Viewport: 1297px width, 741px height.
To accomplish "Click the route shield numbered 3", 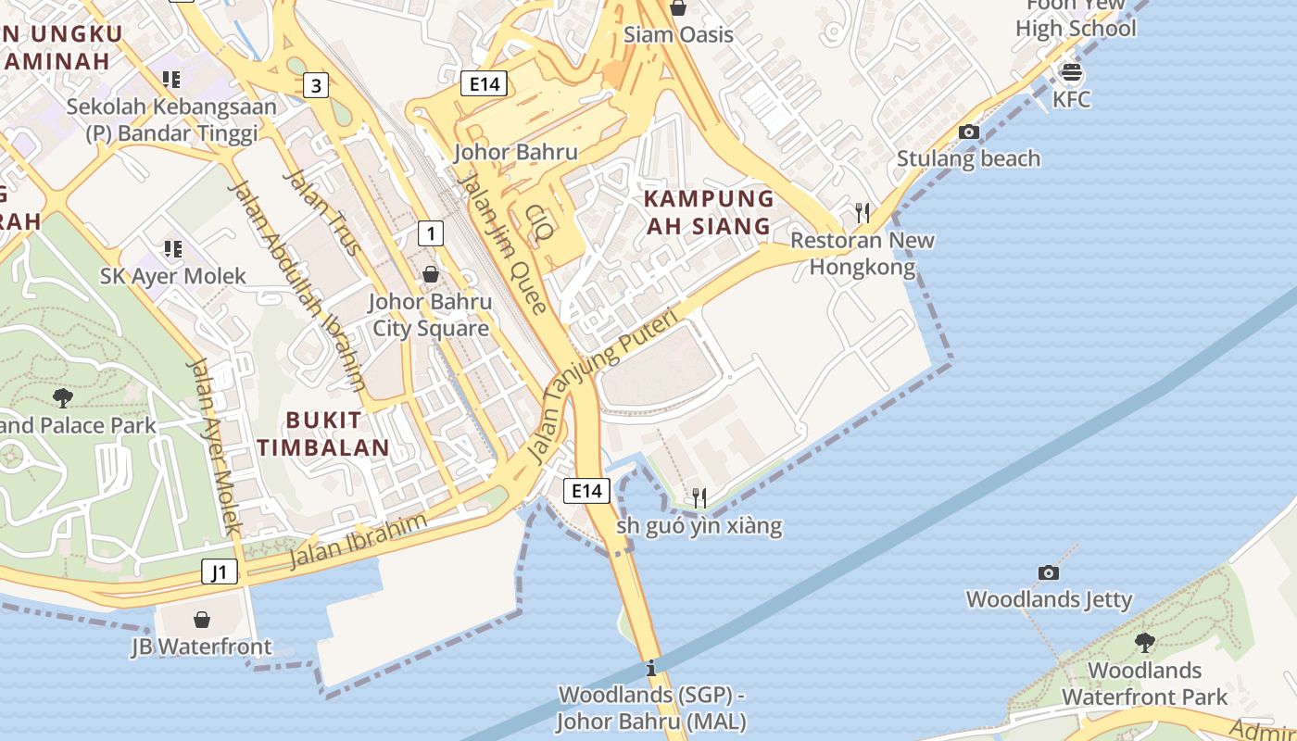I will tap(317, 86).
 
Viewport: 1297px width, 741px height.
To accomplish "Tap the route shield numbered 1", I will tap(430, 232).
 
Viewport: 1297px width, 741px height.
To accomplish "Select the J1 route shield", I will tap(220, 571).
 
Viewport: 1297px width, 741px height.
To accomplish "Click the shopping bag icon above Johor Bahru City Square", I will tap(430, 273).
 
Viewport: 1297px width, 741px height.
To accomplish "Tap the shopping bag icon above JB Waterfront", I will tap(202, 619).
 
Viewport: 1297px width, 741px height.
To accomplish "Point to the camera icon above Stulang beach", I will tap(968, 132).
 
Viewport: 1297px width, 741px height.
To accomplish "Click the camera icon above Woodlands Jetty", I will tap(1049, 572).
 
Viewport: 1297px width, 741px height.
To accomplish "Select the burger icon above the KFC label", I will tap(1072, 71).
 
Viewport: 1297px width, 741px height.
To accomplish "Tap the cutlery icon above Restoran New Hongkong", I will tap(863, 213).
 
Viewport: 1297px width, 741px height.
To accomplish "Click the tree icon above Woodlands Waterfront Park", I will tap(1145, 642).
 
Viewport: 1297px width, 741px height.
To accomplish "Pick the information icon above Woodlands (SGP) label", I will tap(652, 667).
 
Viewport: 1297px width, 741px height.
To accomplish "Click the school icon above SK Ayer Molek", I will tap(172, 248).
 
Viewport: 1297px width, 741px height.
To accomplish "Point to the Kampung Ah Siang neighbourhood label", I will tap(709, 212).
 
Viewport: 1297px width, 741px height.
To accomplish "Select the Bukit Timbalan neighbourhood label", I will tap(324, 433).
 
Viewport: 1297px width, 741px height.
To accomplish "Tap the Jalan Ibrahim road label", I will tap(359, 540).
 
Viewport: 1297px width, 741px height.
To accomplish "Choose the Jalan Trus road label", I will tap(321, 212).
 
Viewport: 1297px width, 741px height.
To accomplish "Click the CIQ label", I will tap(538, 222).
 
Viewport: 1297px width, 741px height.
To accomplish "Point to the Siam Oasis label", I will tap(678, 35).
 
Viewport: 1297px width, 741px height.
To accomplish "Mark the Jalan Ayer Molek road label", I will tap(214, 446).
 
